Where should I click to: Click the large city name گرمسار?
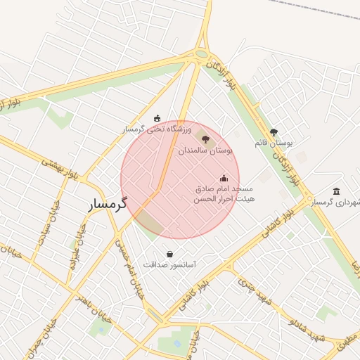pos(108,205)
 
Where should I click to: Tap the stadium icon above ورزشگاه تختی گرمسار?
pos(157,118)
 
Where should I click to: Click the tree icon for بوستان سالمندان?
pos(205,139)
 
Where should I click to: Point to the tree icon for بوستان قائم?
pos(274,131)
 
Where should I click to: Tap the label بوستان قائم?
pos(274,143)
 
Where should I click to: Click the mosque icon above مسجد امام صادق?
pos(224,178)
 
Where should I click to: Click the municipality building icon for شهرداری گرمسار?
pos(336,191)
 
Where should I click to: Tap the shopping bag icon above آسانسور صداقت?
pos(169,254)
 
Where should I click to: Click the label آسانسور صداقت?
pos(169,265)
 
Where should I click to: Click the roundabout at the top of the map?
pos(202,53)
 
